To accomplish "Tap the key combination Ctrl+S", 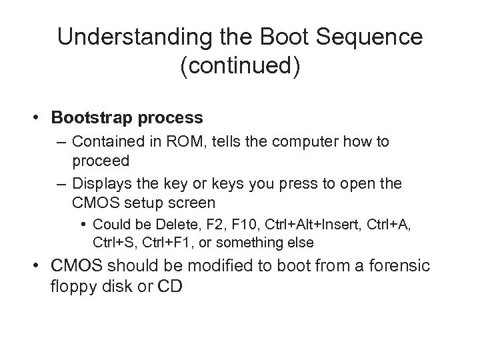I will pyautogui.click(x=111, y=241).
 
